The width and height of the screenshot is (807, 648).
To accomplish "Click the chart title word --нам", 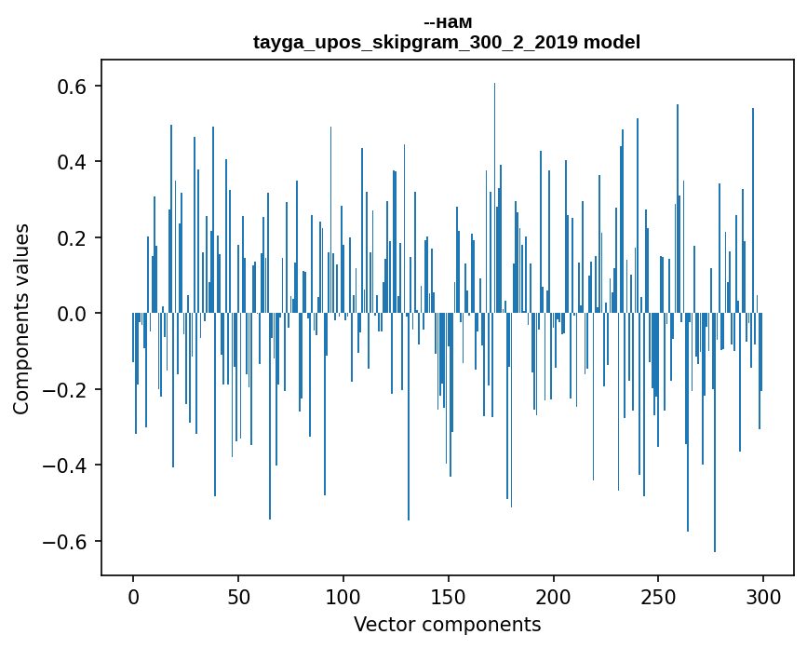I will [447, 22].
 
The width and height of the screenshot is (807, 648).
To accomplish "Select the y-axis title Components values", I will [21, 318].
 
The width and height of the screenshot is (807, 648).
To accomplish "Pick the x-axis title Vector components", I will [447, 624].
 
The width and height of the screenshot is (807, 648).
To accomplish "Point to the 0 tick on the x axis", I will [133, 595].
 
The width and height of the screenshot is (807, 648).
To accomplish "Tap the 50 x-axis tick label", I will [238, 595].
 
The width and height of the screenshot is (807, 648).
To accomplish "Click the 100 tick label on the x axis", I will [343, 595].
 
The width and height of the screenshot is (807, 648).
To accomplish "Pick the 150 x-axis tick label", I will [449, 595].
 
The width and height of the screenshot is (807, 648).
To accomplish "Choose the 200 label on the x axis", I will [554, 595].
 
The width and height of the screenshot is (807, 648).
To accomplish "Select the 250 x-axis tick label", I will [658, 595].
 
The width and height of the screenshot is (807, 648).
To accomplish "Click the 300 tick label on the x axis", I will [763, 595].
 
